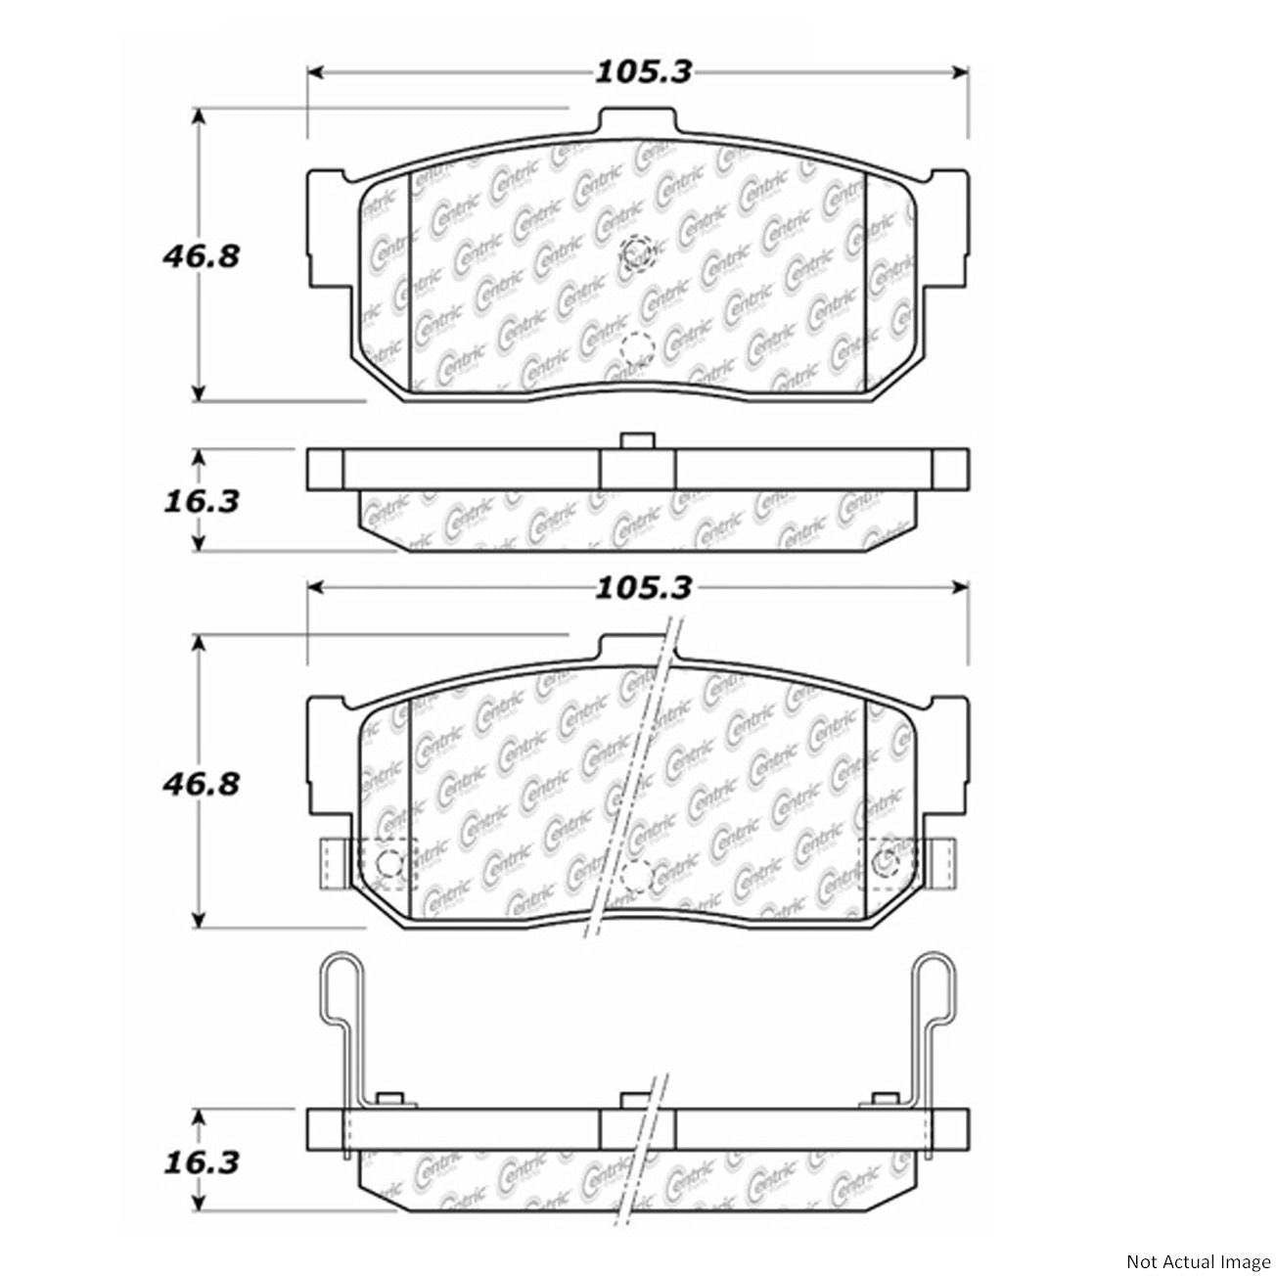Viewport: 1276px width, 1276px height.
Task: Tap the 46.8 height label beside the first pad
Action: pyautogui.click(x=200, y=256)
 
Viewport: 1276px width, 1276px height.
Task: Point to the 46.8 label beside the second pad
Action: pyautogui.click(x=200, y=783)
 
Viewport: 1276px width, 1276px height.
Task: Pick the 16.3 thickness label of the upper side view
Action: pyautogui.click(x=200, y=501)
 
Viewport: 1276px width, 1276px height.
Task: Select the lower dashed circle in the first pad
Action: pyautogui.click(x=636, y=348)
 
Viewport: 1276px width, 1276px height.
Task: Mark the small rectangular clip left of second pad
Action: pyautogui.click(x=330, y=864)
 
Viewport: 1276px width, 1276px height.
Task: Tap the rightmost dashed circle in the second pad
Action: pyautogui.click(x=888, y=862)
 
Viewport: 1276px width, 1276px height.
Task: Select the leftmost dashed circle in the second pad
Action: pyautogui.click(x=389, y=864)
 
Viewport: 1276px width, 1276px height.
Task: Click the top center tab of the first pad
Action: pyautogui.click(x=637, y=122)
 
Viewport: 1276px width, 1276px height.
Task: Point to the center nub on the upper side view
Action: pyautogui.click(x=637, y=441)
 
